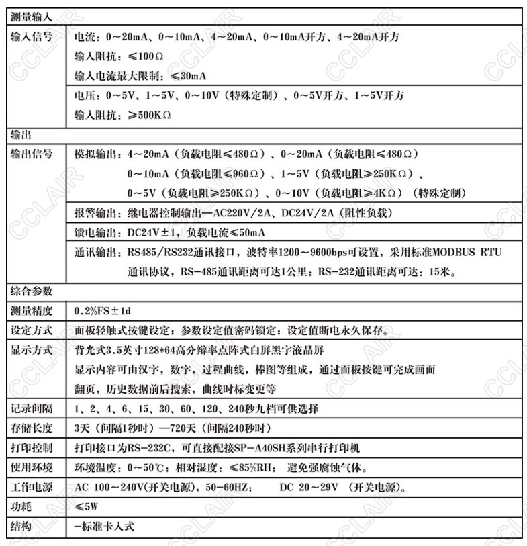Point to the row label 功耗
[21, 506]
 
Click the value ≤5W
[87, 506]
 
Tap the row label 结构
[21, 526]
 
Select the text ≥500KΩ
[145, 115]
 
